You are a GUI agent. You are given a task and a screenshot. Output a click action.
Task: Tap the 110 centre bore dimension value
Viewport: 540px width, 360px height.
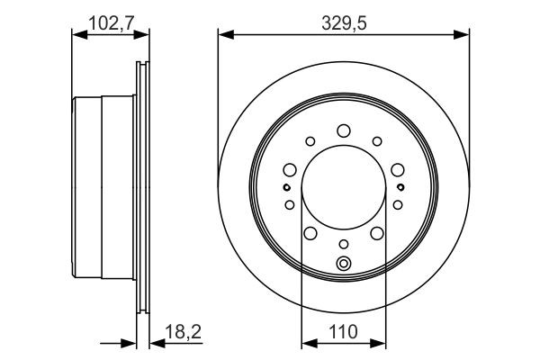tap(344, 333)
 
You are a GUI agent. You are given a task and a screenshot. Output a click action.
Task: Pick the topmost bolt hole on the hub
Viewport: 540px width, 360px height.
tap(343, 130)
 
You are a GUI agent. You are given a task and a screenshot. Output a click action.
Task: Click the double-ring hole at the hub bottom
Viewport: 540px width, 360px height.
tap(343, 264)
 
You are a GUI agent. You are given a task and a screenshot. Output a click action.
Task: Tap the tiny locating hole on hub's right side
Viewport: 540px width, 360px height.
tap(400, 187)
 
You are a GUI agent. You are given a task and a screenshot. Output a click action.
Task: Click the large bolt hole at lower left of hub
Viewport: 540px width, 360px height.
tap(310, 234)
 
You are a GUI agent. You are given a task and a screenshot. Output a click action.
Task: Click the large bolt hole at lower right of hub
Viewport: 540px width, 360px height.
tap(375, 234)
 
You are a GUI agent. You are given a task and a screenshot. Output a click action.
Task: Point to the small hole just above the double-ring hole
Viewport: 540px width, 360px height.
tap(343, 244)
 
